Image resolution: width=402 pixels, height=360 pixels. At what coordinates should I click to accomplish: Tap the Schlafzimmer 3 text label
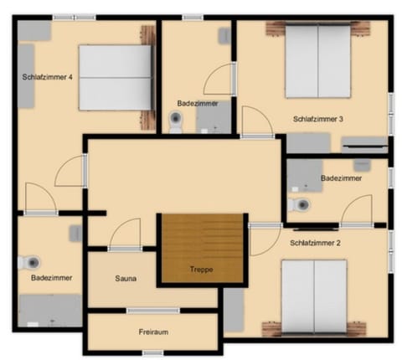[318, 119]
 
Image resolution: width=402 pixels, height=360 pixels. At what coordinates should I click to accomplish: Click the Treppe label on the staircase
[201, 270]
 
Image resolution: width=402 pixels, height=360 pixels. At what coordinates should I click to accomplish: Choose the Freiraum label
[153, 332]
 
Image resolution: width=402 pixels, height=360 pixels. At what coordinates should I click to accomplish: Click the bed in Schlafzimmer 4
[116, 77]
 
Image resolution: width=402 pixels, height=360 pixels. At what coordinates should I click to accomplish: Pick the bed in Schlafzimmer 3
[318, 63]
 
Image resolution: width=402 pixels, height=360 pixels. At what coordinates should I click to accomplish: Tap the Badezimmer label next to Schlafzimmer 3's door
[198, 103]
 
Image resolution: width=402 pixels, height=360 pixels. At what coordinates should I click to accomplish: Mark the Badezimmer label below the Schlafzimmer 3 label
[341, 178]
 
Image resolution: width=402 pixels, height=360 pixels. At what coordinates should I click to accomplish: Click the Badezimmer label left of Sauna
[51, 277]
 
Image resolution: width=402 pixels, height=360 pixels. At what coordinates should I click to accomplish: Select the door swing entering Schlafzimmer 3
[253, 122]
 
